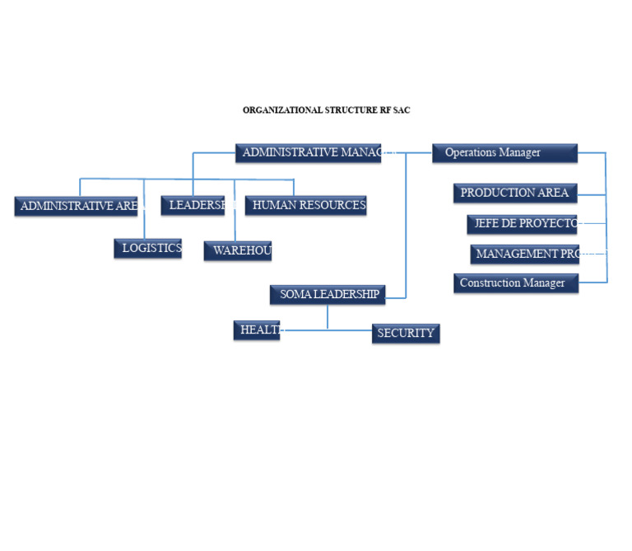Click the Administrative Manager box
308,153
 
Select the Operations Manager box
504,153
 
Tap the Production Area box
515,194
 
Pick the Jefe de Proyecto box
522,224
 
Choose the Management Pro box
525,254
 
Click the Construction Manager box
515,283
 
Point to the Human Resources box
305,205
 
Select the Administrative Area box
76,207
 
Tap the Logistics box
148,249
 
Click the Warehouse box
238,251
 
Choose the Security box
406,334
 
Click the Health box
257,330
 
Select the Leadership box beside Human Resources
193,205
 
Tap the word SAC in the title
401,110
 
